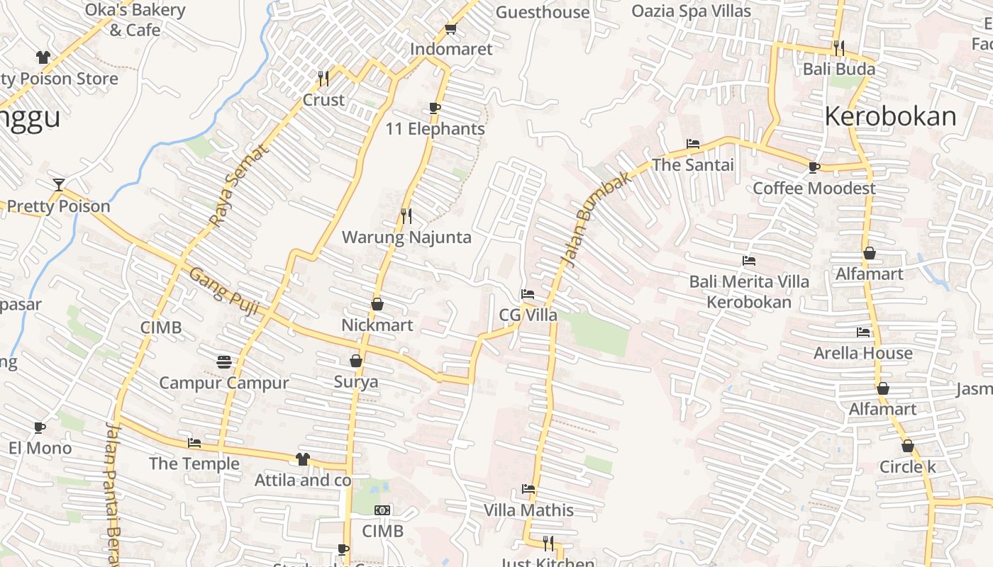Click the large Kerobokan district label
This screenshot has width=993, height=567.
pos(890,116)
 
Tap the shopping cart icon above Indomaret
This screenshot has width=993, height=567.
pos(450,29)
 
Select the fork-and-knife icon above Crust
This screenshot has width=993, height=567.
pos(323,78)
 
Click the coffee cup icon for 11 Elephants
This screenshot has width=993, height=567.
pos(435,108)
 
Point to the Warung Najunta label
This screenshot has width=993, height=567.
pos(406,237)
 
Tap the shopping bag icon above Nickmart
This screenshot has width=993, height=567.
pos(377,304)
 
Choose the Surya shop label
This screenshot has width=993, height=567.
pos(356,382)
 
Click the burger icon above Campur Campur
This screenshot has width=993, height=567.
pos(224,362)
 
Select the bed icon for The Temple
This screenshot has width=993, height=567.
pos(194,444)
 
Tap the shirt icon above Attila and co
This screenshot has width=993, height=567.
pos(303,459)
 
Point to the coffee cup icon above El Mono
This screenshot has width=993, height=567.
pos(40,427)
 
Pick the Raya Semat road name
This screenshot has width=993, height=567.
pos(240,185)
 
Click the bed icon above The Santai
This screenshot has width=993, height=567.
pos(693,144)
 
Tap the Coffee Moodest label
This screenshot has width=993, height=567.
pos(814,189)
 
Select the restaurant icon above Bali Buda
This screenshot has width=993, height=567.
pos(839,47)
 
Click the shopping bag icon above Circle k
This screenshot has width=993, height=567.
pos(907,446)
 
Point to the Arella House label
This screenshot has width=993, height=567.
pos(862,353)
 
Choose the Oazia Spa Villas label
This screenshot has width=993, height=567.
pos(691,11)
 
